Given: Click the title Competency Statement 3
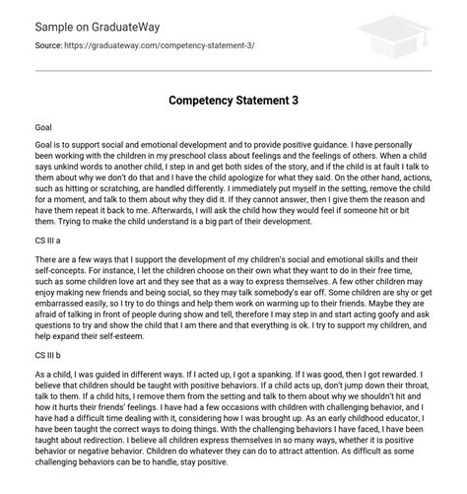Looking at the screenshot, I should (233, 100).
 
